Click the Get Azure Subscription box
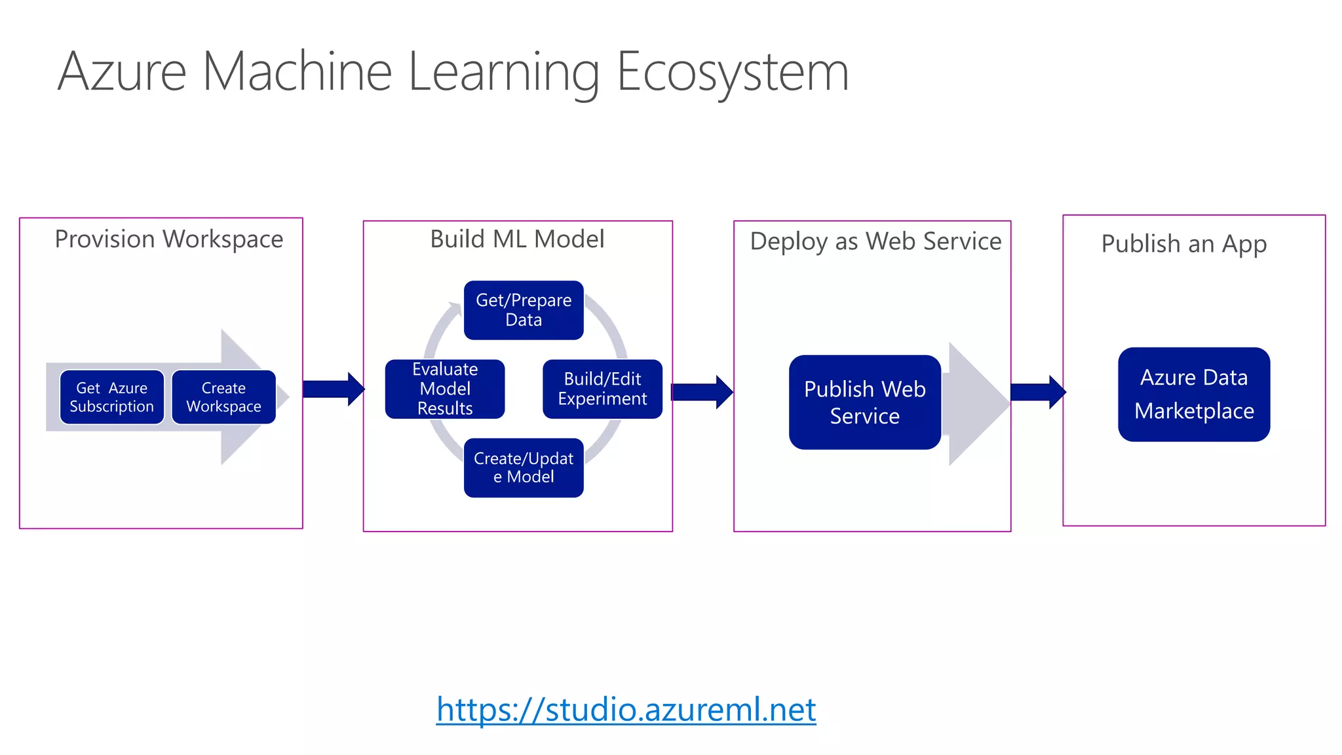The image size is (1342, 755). [x=111, y=397]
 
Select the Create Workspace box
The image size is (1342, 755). [x=223, y=397]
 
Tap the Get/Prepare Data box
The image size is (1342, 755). [x=524, y=310]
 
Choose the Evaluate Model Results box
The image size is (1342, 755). [x=445, y=389]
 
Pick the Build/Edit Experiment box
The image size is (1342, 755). [x=602, y=389]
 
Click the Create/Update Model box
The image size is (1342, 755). [x=524, y=467]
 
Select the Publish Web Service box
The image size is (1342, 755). [x=864, y=402]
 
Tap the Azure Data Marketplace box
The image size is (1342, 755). [x=1194, y=394]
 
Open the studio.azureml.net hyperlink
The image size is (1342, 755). [x=626, y=710]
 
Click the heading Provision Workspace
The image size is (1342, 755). [x=168, y=239]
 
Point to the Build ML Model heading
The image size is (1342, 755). [x=517, y=239]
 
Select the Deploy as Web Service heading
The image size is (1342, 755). [x=875, y=241]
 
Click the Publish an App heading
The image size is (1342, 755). [x=1183, y=244]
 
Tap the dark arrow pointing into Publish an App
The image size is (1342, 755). [x=1037, y=392]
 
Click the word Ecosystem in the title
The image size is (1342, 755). [x=732, y=72]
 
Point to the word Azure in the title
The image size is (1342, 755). [x=123, y=72]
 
